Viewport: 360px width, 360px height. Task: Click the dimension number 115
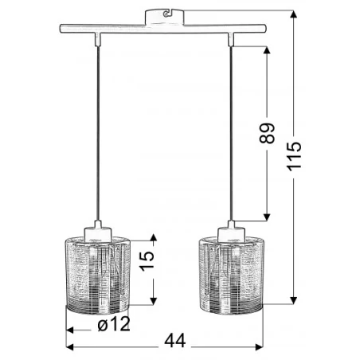click(295, 157)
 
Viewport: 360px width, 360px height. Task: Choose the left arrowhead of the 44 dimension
click(68, 346)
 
